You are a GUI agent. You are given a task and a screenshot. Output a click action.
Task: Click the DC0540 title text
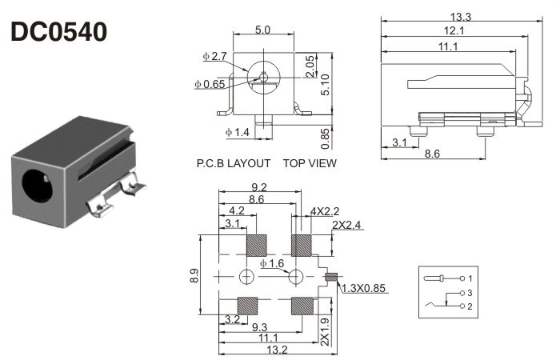coord(58,33)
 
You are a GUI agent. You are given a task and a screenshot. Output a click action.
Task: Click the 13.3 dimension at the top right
coord(462,17)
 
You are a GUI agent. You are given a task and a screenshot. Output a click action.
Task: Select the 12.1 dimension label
coord(454,31)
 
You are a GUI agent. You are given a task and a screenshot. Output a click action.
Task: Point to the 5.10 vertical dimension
coord(326,84)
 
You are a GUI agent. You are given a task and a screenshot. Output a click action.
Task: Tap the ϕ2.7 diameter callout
coord(214,57)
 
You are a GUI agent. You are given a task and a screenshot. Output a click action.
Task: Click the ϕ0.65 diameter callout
coord(210,83)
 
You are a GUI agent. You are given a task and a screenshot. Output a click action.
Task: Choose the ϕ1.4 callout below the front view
coord(238,131)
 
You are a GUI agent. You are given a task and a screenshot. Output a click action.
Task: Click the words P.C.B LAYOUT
coord(234,163)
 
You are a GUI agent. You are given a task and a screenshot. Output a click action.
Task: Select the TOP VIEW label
coord(310,163)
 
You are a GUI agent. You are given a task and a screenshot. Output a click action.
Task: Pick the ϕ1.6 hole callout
coord(272,263)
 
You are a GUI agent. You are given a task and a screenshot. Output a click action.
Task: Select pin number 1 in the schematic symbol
coord(470,278)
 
